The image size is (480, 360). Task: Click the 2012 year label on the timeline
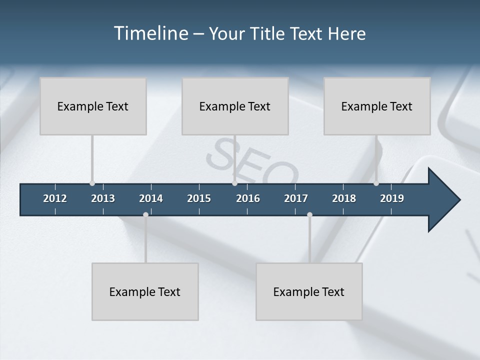coord(55,198)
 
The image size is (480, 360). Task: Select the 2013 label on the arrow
coord(103,198)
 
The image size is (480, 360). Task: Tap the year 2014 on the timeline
coord(151,198)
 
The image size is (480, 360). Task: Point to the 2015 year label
coord(199,198)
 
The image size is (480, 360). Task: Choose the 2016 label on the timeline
coord(248,198)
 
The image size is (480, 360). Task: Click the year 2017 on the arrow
coord(296,198)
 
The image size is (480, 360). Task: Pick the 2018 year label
coord(344,198)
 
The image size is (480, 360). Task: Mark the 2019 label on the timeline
coord(392,198)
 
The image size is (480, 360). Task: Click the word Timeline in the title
coord(150,33)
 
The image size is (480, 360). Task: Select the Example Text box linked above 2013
coord(93,106)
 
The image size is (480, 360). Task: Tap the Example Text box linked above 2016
coord(235,106)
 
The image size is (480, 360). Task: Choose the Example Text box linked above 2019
coord(377,106)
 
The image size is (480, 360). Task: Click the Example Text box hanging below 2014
coord(145,291)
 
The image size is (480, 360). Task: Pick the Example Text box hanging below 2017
coord(309,291)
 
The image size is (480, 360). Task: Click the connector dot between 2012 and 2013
coord(92,183)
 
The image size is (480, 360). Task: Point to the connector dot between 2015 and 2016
coord(234,183)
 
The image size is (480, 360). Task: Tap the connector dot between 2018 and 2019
coord(376,183)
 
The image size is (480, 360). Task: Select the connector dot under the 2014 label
coord(145,214)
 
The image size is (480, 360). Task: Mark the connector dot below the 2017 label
coord(309,214)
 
